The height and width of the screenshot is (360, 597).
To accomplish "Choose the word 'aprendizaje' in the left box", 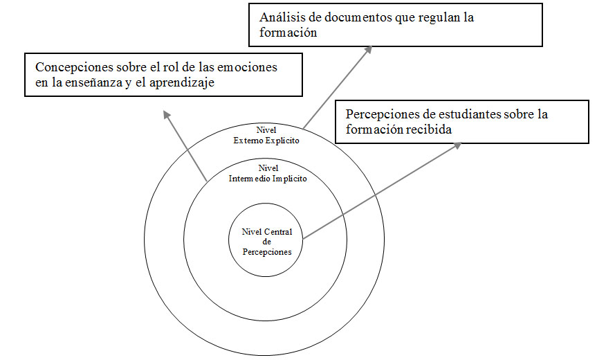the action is [x=188, y=83].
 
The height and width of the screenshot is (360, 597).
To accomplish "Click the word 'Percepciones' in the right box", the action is [x=383, y=114].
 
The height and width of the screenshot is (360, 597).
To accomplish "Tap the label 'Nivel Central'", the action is [x=267, y=232].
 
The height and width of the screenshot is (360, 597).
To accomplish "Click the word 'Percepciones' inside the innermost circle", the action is [x=267, y=252].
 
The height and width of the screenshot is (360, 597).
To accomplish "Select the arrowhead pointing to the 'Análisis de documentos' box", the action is [x=369, y=50].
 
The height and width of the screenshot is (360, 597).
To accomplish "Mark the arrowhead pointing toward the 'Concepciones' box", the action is [x=165, y=114].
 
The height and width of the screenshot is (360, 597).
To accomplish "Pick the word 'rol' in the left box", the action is [x=151, y=68].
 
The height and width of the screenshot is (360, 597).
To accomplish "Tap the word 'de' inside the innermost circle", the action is [x=266, y=242].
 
